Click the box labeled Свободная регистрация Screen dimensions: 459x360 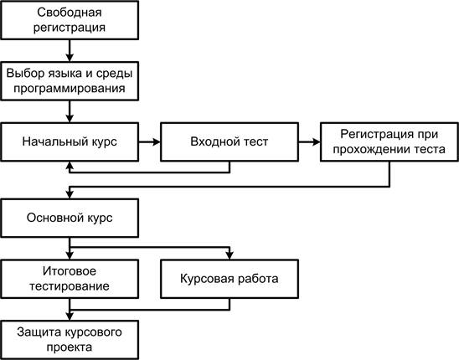click(70, 20)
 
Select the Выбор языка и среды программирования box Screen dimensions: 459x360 click(70, 81)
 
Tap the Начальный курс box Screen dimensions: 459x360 click(70, 142)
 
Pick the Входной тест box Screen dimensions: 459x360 click(229, 142)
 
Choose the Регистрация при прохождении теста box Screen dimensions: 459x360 click(389, 142)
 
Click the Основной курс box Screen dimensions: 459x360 click(70, 218)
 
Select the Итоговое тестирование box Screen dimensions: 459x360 click(70, 279)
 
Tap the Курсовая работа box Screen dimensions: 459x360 click(229, 279)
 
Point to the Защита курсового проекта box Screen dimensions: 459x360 click(70, 340)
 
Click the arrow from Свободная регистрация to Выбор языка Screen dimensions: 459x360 click(70, 50)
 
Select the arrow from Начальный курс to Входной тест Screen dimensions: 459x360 click(150, 142)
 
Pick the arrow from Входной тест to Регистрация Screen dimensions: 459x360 click(309, 142)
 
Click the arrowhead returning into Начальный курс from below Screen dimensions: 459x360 click(70, 166)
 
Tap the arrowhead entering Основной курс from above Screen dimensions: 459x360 click(70, 194)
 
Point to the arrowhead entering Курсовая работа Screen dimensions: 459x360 click(229, 255)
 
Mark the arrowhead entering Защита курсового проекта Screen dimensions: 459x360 click(70, 316)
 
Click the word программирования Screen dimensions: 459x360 click(70, 89)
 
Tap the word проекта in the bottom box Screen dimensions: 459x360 click(70, 347)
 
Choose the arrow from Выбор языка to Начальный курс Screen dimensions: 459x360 click(70, 111)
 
